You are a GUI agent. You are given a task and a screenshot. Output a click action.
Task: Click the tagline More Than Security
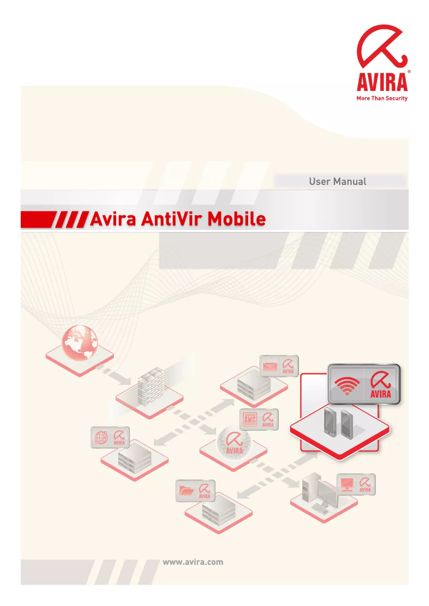click(x=382, y=98)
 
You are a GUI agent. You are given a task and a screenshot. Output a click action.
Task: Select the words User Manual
click(x=338, y=181)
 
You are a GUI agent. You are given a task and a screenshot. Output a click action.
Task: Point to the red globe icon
click(x=80, y=342)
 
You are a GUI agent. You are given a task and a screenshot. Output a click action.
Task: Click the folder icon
click(x=186, y=490)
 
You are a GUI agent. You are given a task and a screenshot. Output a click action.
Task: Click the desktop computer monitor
click(x=328, y=494)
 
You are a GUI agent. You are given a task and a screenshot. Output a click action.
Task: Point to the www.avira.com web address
click(x=193, y=562)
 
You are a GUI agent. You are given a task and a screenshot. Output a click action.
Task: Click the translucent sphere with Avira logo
click(x=233, y=443)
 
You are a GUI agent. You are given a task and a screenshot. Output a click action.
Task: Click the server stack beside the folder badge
click(x=218, y=510)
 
